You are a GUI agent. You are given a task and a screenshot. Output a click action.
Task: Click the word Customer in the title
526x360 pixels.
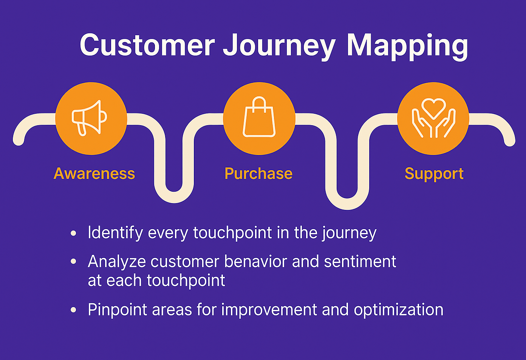147,45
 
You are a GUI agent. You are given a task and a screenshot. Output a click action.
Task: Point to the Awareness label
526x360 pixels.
94,174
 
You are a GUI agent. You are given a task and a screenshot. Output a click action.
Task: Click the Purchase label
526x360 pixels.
258,174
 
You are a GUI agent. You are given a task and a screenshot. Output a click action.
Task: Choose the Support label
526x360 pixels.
434,174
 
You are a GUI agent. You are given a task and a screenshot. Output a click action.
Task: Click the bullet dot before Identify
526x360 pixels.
74,233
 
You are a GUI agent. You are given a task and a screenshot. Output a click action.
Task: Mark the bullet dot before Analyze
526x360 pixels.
74,262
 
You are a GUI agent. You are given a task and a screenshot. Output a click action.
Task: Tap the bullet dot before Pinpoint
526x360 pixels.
74,310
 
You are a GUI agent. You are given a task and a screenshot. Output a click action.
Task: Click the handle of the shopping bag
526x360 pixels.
259,102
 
